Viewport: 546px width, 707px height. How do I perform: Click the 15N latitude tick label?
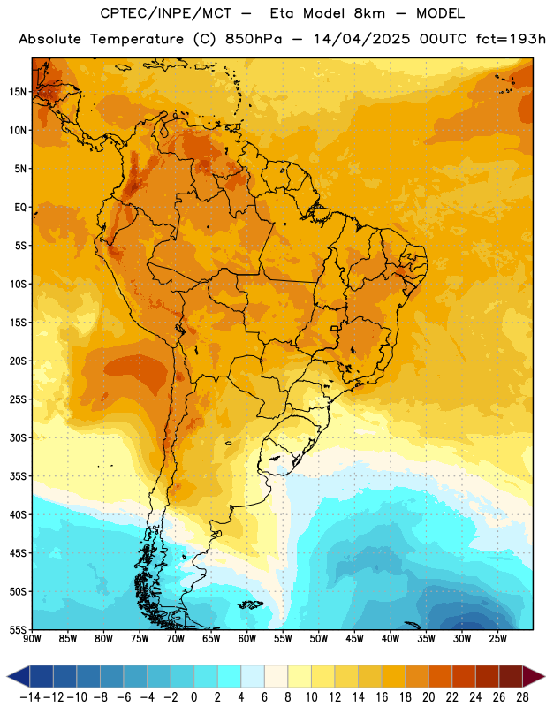18,92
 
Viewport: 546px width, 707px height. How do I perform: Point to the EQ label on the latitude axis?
20,208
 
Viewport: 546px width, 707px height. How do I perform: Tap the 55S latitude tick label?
18,629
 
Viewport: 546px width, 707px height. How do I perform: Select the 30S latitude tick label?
18,437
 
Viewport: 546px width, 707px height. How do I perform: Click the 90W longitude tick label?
32,638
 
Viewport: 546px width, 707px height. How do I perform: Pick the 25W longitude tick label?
497,638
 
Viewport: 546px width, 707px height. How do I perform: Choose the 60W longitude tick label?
247,638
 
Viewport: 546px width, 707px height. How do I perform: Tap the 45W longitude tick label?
354,638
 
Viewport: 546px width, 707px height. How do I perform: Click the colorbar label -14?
30,697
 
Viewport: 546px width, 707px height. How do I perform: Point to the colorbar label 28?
522,697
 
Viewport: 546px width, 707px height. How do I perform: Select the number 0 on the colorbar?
193,697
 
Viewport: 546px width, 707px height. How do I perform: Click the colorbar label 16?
382,697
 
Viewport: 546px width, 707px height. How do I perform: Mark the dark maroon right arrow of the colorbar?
533,676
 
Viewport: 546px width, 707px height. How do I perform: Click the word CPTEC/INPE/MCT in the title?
165,13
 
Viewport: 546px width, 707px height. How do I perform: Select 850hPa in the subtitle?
254,39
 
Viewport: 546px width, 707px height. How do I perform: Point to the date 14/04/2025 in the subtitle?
362,39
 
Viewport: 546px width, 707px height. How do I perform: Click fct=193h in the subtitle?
511,39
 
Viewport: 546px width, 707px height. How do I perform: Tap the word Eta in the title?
282,13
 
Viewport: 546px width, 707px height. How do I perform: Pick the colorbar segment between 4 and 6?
253,676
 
